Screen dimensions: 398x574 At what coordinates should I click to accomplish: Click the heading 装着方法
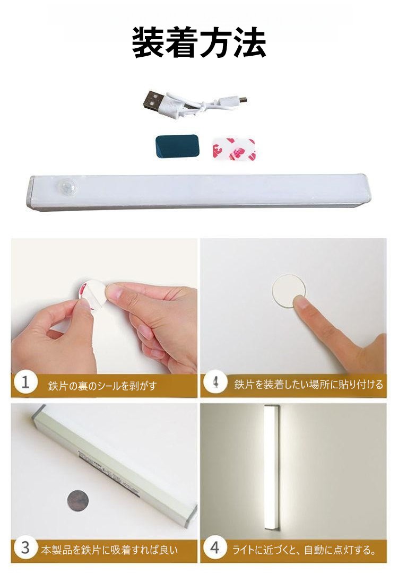(x=199, y=42)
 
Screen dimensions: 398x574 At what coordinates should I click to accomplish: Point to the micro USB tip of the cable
(x=242, y=99)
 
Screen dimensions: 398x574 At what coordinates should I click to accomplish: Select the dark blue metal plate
(x=177, y=146)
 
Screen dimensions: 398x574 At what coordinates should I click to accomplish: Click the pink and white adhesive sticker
(x=233, y=149)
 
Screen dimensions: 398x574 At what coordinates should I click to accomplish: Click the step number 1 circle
(x=25, y=383)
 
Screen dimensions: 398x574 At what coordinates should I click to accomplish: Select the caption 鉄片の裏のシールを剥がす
(x=102, y=386)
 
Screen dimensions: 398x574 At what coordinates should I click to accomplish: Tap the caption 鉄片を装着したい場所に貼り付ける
(x=308, y=385)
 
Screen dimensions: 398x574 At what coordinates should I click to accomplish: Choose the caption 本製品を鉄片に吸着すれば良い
(x=109, y=550)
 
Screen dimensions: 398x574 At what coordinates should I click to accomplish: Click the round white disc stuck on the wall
(x=289, y=291)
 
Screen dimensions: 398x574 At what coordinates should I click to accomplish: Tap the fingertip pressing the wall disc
(x=301, y=303)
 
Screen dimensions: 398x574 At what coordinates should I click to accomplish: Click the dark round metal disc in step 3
(x=79, y=500)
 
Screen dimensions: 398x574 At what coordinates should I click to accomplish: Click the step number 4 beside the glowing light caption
(x=215, y=548)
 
